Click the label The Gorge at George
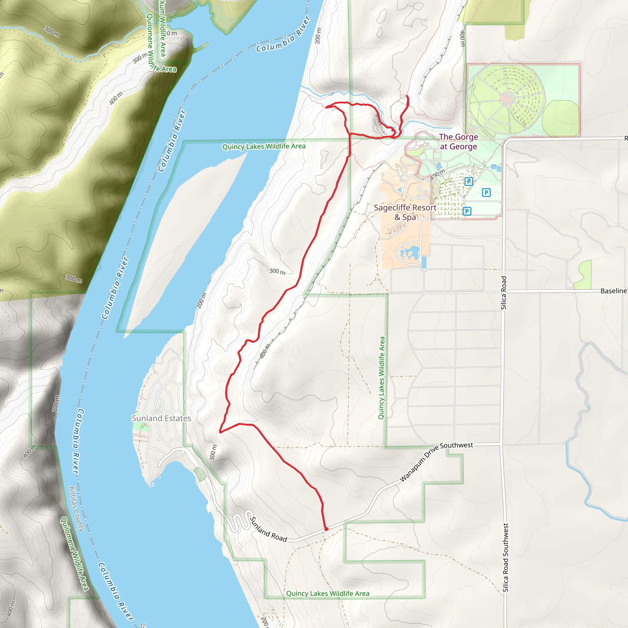(x=458, y=142)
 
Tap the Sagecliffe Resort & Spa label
(x=405, y=212)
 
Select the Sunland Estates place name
(x=161, y=418)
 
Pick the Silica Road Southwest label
(x=505, y=557)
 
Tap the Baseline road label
(x=613, y=291)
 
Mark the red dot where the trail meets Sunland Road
(x=326, y=529)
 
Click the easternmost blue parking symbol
(x=486, y=193)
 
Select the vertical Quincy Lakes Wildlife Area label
(x=381, y=378)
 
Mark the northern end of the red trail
(x=407, y=96)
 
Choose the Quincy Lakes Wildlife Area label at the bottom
(x=328, y=594)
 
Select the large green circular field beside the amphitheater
(x=561, y=119)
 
